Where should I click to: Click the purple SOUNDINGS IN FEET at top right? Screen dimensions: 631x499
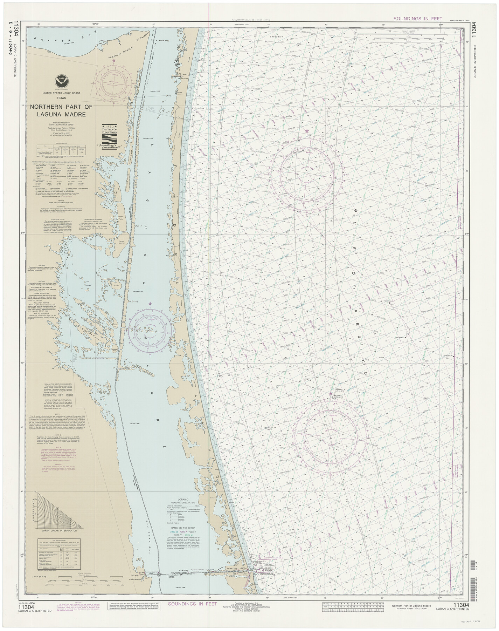coord(417,19)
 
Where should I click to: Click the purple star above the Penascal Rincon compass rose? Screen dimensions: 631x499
coord(113,60)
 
